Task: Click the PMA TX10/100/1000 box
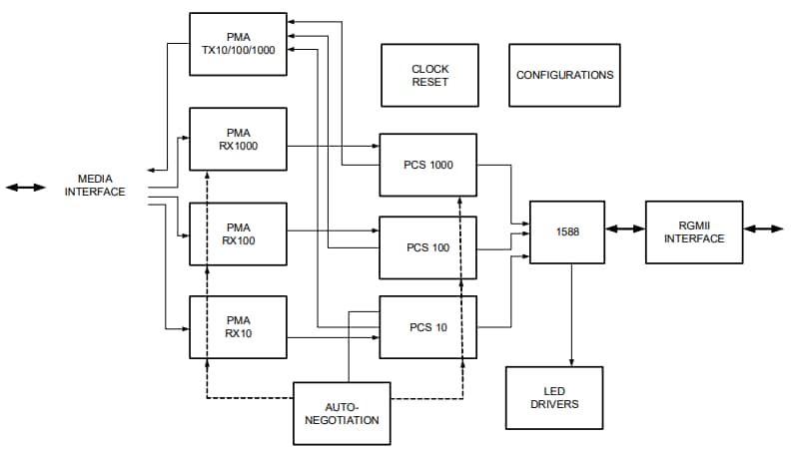pyautogui.click(x=239, y=44)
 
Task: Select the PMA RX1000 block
pyautogui.click(x=239, y=139)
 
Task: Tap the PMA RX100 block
pyautogui.click(x=239, y=233)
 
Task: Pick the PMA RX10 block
pyautogui.click(x=239, y=326)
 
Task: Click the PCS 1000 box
pyautogui.click(x=427, y=165)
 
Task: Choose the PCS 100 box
pyautogui.click(x=427, y=247)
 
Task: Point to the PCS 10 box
pyautogui.click(x=427, y=327)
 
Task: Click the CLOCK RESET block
pyautogui.click(x=430, y=75)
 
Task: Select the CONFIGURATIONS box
pyautogui.click(x=564, y=75)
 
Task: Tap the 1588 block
pyautogui.click(x=566, y=231)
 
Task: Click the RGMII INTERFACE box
pyautogui.click(x=694, y=231)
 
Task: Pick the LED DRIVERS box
pyautogui.click(x=554, y=397)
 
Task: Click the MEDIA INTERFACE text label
pyautogui.click(x=95, y=186)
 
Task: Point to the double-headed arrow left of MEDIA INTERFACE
pyautogui.click(x=26, y=187)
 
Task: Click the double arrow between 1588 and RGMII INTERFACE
pyautogui.click(x=625, y=229)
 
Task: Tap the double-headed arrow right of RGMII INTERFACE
pyautogui.click(x=764, y=229)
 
